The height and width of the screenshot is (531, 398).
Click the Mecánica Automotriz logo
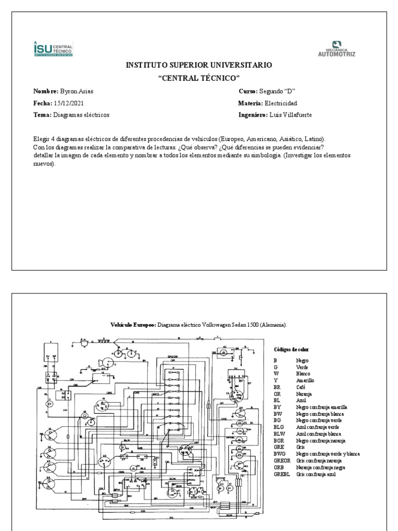pyautogui.click(x=336, y=49)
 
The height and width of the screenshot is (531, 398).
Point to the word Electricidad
pyautogui.click(x=281, y=103)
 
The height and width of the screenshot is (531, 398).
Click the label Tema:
pyautogui.click(x=42, y=115)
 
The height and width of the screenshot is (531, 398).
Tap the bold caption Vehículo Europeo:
pyautogui.click(x=133, y=325)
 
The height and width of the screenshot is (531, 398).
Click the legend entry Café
pyautogui.click(x=301, y=387)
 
